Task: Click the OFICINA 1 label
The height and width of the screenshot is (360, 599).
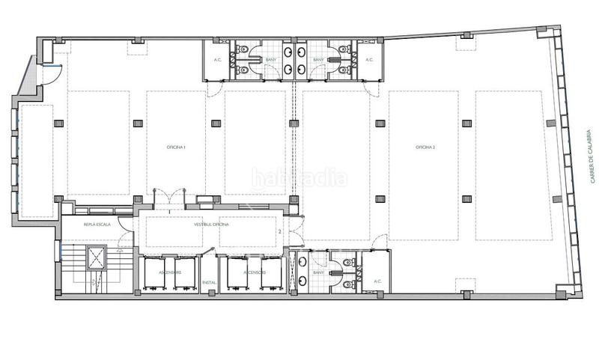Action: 176,147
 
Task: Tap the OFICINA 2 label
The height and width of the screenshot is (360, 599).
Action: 425,147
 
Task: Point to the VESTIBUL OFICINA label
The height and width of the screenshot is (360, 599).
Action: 211,225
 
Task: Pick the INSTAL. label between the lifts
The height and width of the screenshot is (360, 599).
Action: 209,282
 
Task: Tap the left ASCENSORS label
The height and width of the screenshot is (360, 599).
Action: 169,272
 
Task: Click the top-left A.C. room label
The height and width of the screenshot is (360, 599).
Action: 218,59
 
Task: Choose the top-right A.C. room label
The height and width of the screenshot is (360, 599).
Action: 369,59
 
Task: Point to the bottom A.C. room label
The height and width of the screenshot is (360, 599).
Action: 377,282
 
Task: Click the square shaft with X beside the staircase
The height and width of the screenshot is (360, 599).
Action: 97,257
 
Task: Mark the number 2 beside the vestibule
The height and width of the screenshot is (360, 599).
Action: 279,232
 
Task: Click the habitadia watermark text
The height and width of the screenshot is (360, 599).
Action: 299,178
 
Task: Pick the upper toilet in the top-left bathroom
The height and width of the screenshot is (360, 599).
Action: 241,49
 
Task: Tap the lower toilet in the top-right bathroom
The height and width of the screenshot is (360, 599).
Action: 346,70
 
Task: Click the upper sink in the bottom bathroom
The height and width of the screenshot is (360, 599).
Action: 302,261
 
